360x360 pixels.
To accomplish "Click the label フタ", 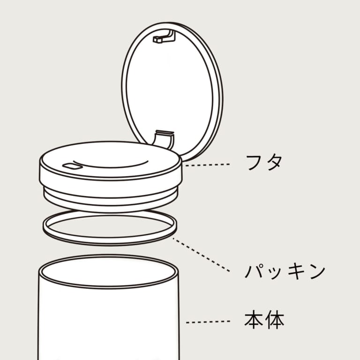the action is (264, 163).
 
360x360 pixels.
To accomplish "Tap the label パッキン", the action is (285, 271).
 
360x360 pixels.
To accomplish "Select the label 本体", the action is (264, 320).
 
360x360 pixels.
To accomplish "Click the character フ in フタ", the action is (254, 163).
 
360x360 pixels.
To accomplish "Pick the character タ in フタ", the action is (274, 163).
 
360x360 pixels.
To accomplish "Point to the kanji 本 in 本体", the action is (254, 320).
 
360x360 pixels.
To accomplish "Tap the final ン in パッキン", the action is (317, 272).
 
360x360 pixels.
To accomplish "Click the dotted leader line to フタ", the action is (207, 165).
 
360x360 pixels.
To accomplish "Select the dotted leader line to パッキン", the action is (202, 255).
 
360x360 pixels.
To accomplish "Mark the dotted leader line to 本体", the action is (208, 322).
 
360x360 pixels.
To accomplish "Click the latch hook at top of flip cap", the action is (164, 37).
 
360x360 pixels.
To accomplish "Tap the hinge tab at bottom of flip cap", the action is (164, 139).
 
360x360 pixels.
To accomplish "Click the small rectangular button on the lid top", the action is (72, 166).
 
